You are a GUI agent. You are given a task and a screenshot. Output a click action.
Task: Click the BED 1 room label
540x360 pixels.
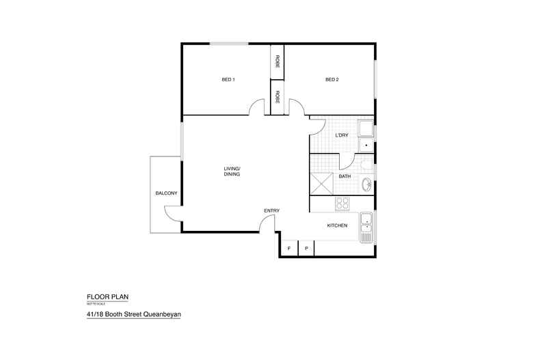tap(228, 80)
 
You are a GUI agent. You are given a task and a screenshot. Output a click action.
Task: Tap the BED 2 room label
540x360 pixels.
tap(332, 80)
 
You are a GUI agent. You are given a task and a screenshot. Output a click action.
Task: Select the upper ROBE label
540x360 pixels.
tap(278, 61)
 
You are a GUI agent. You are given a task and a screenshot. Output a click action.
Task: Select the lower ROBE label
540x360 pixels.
tap(278, 96)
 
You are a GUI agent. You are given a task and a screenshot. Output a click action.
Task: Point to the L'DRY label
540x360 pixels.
tap(342, 135)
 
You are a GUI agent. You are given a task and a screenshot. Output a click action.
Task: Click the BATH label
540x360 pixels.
tap(345, 177)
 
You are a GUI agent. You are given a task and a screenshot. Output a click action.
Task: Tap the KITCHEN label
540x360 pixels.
tap(338, 225)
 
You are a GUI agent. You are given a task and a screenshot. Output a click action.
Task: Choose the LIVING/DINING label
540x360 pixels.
tap(232, 171)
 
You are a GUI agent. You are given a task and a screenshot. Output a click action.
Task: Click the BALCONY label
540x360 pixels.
tap(166, 193)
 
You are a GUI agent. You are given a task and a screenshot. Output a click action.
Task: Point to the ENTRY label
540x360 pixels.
tap(272, 210)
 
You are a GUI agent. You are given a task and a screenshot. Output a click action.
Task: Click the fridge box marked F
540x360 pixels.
tap(288, 248)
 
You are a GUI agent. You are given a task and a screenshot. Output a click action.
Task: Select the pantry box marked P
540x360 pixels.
tap(306, 248)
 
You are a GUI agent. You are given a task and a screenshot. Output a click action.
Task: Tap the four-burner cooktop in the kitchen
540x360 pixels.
tap(342, 204)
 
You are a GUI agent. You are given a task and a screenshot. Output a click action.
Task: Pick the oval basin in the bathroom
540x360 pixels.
tap(367, 183)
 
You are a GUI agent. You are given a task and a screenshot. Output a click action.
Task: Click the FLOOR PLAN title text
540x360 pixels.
tap(107, 297)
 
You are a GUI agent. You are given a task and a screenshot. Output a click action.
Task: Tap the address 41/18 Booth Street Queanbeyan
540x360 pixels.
tap(133, 314)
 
